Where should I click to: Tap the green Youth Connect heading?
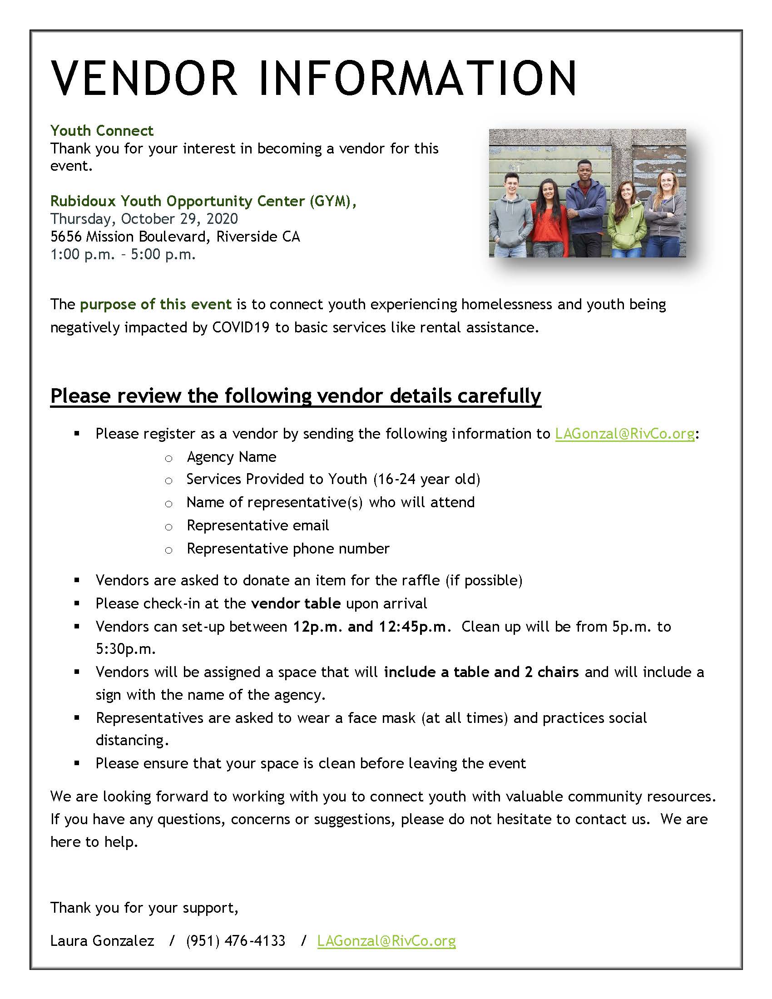click(x=102, y=131)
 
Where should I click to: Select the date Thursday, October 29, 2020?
click(x=144, y=219)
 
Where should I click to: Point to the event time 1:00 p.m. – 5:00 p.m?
click(x=123, y=254)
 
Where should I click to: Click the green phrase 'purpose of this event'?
click(x=155, y=304)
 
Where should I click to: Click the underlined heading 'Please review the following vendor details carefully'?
click(x=296, y=396)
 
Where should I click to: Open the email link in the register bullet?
click(x=624, y=434)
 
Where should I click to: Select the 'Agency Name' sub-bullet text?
click(x=232, y=457)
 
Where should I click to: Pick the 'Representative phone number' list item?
click(x=287, y=549)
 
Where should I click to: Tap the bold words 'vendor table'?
click(x=296, y=603)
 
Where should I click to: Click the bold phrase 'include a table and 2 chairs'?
click(x=481, y=672)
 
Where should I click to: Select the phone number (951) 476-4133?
click(x=236, y=940)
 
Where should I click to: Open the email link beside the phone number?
click(x=386, y=940)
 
